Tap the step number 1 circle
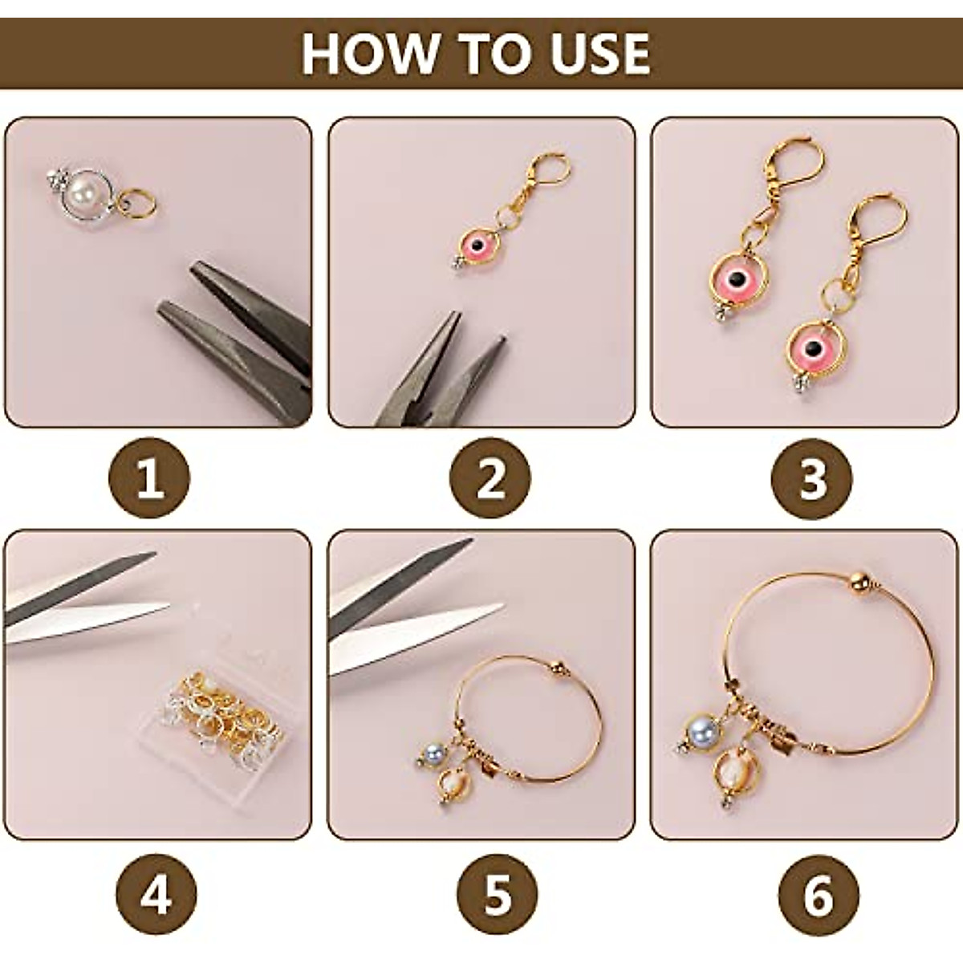click(x=149, y=479)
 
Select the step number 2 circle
click(x=490, y=479)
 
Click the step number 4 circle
click(x=156, y=894)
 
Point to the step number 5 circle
click(x=497, y=894)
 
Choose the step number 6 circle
click(x=818, y=894)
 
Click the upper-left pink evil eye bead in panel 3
click(x=736, y=279)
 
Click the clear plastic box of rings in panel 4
click(x=217, y=706)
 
